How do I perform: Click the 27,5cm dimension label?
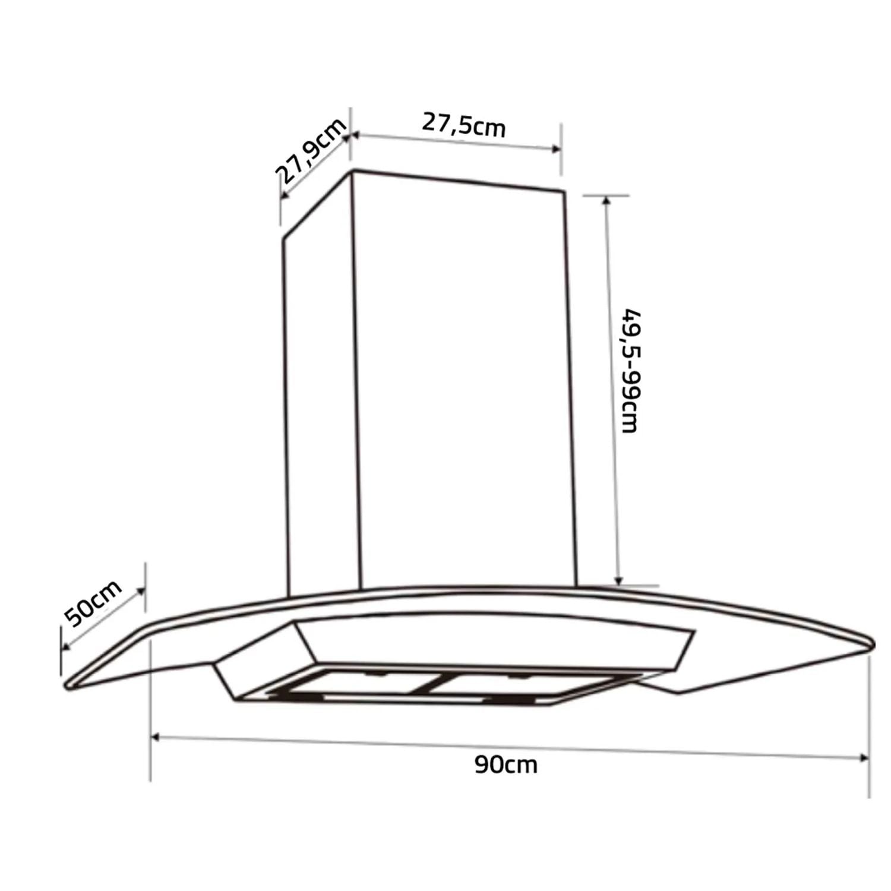pyautogui.click(x=464, y=125)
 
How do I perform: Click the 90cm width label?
pyautogui.click(x=506, y=764)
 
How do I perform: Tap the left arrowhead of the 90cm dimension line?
pyautogui.click(x=157, y=737)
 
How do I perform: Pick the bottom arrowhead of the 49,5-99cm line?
pyautogui.click(x=618, y=580)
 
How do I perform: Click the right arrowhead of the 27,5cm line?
pyautogui.click(x=556, y=148)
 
